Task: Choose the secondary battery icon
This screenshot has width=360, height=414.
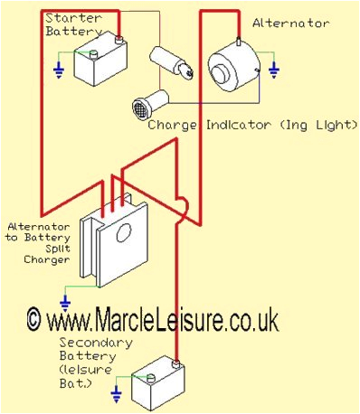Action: (156, 385)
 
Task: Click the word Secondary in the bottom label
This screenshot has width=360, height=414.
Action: (95, 343)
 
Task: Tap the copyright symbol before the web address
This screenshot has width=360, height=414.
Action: (34, 319)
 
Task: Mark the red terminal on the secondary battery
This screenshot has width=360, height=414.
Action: (177, 364)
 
